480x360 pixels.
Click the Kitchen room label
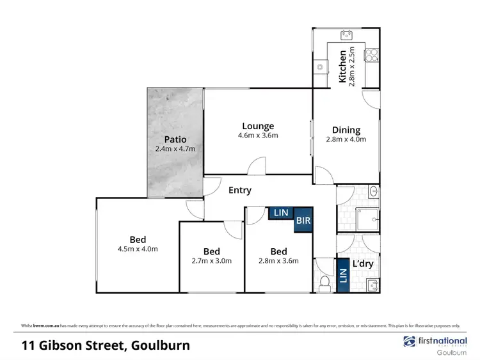(x=342, y=67)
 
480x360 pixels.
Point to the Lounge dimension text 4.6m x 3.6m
(x=259, y=136)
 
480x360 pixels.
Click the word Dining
(x=346, y=130)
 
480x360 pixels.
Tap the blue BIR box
(x=303, y=221)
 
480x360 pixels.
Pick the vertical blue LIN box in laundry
(x=342, y=276)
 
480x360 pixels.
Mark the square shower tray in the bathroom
(x=367, y=219)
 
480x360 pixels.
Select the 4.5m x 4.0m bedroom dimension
(x=137, y=249)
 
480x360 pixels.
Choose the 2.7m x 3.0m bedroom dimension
(x=212, y=260)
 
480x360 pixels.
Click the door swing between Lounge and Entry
(x=256, y=168)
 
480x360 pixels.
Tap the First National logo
(x=433, y=341)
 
